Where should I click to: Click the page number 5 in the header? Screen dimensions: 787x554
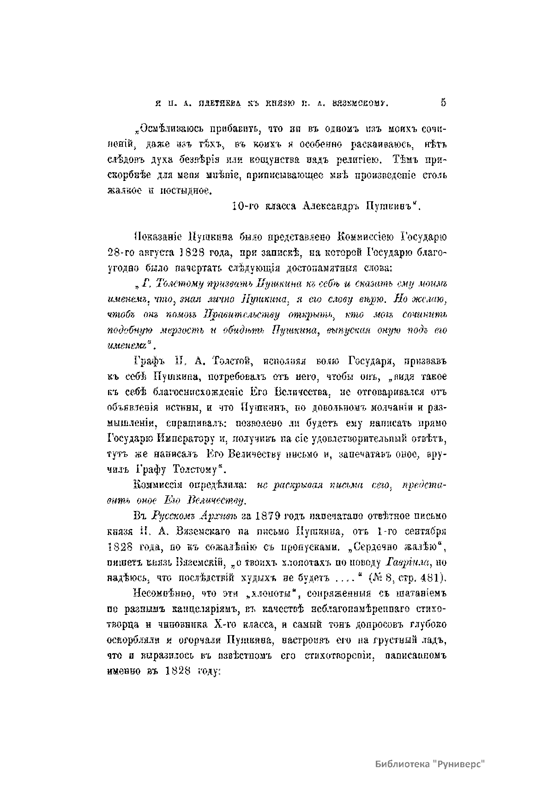(x=443, y=103)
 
